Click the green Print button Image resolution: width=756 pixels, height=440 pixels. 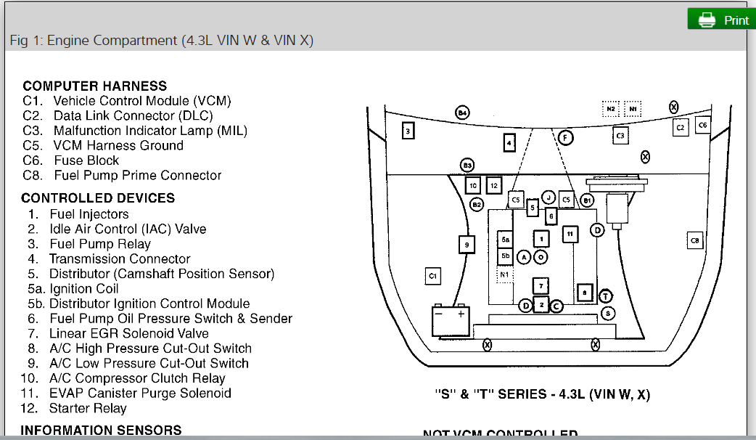point(721,20)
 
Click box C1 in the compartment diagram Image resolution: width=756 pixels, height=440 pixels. point(432,276)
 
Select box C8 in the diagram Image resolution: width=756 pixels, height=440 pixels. point(694,240)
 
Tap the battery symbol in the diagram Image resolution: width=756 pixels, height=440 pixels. point(451,319)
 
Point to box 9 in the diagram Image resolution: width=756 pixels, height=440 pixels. point(467,245)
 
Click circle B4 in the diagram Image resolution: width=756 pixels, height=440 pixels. point(462,113)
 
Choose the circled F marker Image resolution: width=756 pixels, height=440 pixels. point(565,138)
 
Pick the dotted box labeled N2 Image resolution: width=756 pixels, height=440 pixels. point(612,109)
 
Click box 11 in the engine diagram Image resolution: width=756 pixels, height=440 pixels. point(570,234)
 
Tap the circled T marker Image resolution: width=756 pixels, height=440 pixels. point(606,296)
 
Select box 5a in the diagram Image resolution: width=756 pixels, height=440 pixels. point(506,239)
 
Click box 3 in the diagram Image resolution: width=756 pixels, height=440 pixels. point(408,131)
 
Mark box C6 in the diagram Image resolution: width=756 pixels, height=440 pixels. point(702,125)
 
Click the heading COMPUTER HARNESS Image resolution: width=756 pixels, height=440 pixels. point(94,86)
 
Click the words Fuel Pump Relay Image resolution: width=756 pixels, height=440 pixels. point(100,244)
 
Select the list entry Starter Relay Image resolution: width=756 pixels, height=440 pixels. point(88,408)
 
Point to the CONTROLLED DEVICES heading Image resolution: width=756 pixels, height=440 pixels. point(98,197)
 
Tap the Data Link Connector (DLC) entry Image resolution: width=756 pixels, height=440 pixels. point(133,115)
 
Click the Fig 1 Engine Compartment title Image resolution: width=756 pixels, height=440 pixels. point(161,40)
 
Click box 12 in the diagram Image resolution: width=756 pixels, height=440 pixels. point(494,185)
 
